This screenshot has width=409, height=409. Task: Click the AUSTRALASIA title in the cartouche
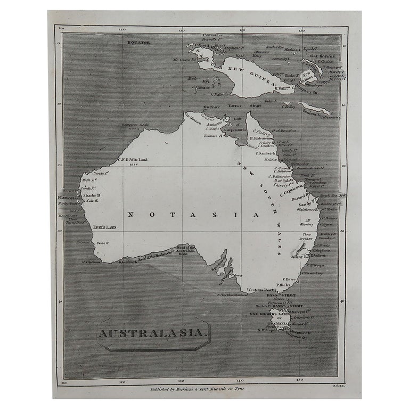(x=152, y=334)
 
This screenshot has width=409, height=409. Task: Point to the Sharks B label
(x=91, y=195)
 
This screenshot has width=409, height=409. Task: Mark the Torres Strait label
(x=242, y=106)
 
